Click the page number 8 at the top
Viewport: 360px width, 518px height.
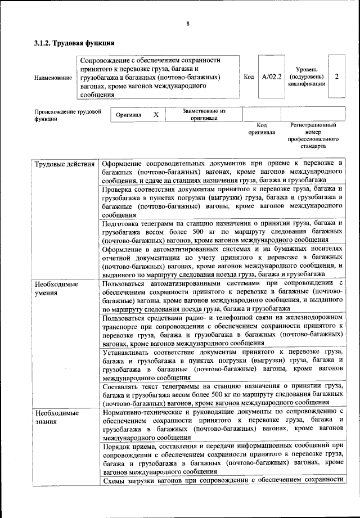click(188, 23)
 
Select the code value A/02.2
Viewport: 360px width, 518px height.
click(271, 76)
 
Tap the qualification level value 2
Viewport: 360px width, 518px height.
click(336, 76)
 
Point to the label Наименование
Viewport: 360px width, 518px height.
click(53, 77)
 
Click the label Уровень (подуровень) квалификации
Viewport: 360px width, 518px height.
click(307, 76)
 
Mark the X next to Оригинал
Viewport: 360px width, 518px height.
click(156, 115)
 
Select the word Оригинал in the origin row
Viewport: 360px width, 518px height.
click(128, 115)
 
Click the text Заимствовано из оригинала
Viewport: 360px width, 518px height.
click(204, 115)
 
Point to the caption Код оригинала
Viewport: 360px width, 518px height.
click(262, 129)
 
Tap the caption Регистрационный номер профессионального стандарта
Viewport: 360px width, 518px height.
click(313, 135)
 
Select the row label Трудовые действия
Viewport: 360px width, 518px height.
click(65, 164)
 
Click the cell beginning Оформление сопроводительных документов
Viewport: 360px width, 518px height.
click(222, 172)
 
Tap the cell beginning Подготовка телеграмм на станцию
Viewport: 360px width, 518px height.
click(222, 231)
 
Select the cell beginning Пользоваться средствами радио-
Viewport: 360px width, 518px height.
click(222, 330)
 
